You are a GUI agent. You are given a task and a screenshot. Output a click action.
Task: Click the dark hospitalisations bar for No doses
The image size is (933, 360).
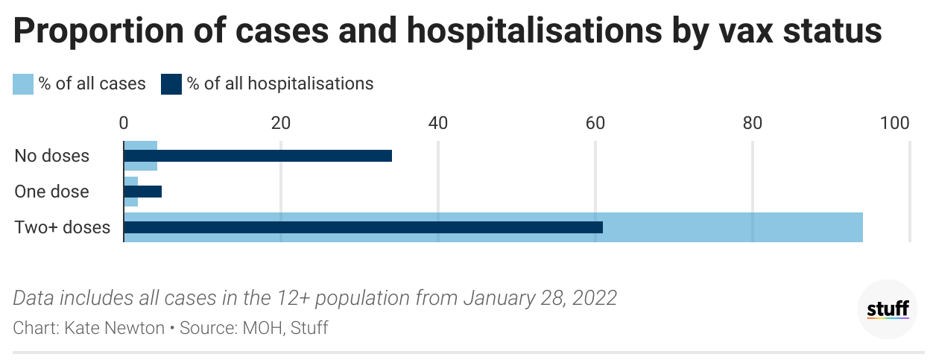click(257, 156)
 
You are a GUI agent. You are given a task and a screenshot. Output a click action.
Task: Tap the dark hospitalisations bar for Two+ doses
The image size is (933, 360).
click(363, 227)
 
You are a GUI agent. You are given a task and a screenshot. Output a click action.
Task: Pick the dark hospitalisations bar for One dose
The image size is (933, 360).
click(142, 192)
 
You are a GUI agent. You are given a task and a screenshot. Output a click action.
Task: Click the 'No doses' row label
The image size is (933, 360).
click(52, 156)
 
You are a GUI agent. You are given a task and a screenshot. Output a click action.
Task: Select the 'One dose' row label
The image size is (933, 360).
click(52, 192)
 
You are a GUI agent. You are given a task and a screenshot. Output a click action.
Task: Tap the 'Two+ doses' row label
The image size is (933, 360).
click(63, 227)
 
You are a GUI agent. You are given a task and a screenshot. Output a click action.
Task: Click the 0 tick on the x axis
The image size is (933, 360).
click(124, 123)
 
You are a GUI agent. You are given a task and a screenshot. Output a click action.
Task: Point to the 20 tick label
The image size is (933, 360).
click(281, 123)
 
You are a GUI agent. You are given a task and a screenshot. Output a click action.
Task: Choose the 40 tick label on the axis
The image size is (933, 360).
click(438, 123)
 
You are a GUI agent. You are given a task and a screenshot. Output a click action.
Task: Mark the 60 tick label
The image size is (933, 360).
click(595, 123)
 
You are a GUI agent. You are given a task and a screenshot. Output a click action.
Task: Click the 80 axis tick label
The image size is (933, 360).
click(752, 123)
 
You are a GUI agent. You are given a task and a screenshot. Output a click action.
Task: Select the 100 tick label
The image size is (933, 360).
click(894, 123)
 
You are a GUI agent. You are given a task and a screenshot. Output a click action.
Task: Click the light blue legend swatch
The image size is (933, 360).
click(23, 83)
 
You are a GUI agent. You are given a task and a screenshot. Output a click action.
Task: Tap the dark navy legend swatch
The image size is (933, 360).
click(171, 83)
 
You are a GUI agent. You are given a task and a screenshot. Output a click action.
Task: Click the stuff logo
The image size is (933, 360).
click(888, 309)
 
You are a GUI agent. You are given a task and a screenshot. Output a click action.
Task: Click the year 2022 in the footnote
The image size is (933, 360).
click(592, 298)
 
